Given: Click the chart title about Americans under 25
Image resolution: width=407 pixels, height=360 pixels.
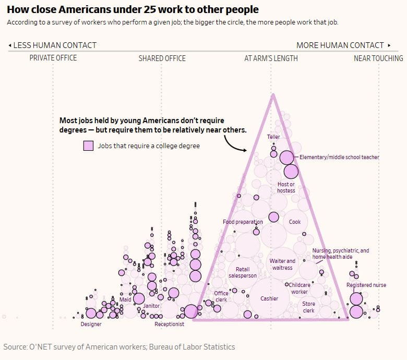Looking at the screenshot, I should [133, 10].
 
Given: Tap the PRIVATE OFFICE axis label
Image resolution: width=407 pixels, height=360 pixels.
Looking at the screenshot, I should [53, 58].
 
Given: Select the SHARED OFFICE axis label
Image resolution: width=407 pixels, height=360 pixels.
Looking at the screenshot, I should [162, 58].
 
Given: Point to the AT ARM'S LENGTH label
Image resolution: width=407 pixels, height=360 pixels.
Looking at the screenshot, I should [271, 58].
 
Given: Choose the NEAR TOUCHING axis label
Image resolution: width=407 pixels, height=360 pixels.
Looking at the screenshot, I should [378, 58].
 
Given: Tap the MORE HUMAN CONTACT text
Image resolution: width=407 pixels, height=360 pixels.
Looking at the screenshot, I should [340, 45].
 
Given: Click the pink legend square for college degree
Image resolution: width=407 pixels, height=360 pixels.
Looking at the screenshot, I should [88, 146].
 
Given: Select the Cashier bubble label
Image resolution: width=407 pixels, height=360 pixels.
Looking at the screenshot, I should [270, 298].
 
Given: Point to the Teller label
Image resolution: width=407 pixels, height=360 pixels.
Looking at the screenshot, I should [273, 137].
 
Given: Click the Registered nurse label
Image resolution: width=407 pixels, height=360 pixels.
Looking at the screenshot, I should [366, 285].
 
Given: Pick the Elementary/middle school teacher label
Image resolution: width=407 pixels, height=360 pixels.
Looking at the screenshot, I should [339, 157].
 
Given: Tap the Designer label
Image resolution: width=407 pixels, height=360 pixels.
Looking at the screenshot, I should [91, 324].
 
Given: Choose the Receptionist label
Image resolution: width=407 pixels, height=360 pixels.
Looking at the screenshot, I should [169, 324].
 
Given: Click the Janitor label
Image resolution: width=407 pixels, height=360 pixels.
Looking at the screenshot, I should [151, 306].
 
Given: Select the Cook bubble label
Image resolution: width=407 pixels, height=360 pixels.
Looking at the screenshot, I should [295, 222].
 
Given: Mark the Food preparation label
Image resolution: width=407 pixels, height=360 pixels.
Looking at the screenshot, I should [243, 222].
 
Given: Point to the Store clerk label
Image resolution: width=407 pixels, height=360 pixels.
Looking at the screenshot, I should [309, 307].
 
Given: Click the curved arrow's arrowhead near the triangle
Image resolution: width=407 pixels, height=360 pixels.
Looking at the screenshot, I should [245, 150].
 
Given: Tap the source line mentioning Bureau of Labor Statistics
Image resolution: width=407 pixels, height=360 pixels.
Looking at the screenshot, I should [119, 347].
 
